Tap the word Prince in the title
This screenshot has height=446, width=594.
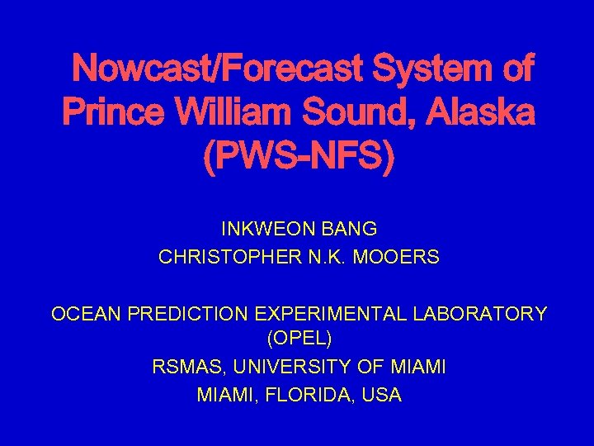pos(114,112)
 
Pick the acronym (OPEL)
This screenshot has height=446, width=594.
pos(299,339)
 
